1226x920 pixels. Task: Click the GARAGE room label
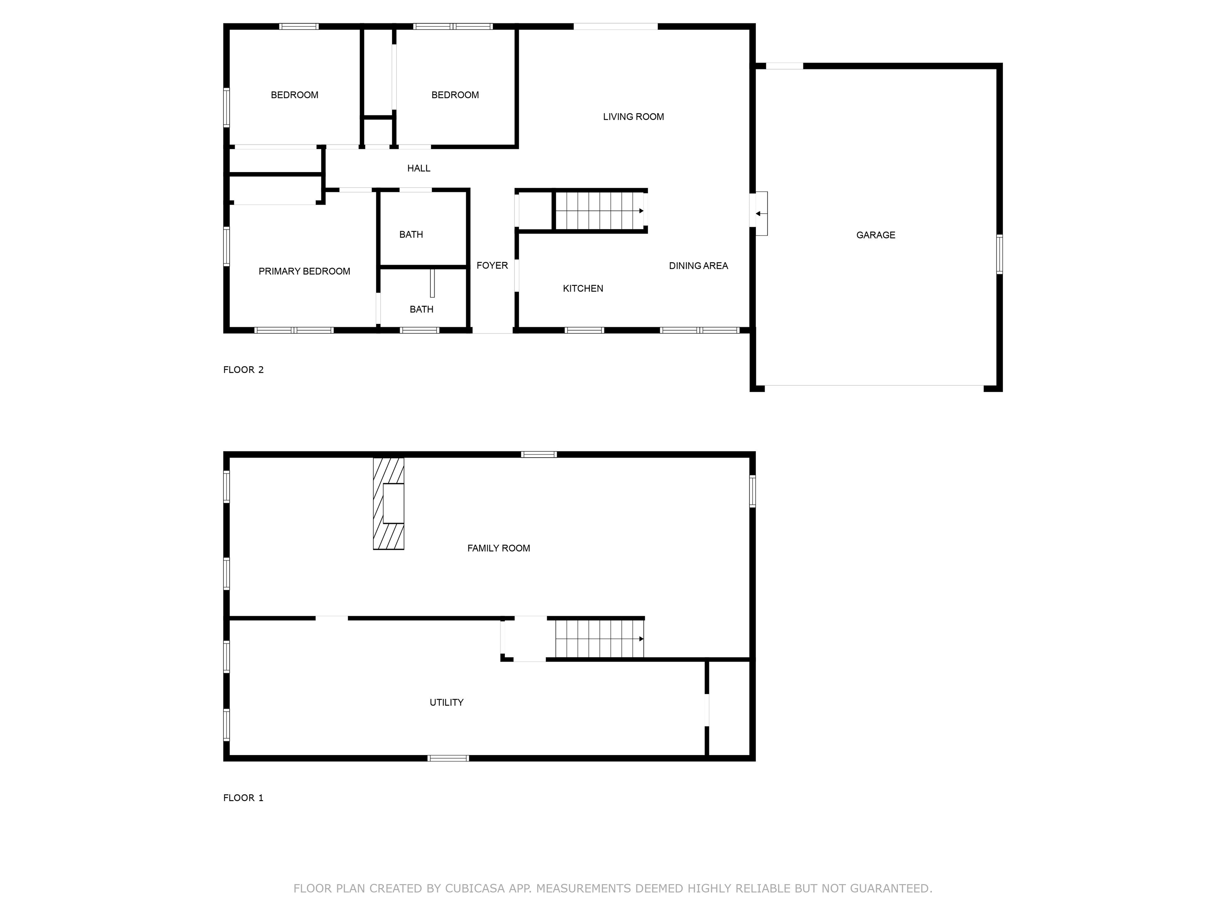click(x=875, y=235)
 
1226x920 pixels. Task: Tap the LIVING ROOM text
click(x=633, y=117)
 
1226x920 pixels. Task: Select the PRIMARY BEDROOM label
click(x=304, y=271)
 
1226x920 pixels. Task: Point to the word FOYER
click(x=492, y=266)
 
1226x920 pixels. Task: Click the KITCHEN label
click(x=583, y=288)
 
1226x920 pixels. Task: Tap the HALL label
click(x=419, y=169)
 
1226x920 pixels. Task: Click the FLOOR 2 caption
click(x=243, y=370)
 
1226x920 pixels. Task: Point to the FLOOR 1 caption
click(x=243, y=798)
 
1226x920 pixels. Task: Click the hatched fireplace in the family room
click(x=388, y=503)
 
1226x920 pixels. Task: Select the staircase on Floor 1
click(x=599, y=639)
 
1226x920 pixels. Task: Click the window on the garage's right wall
click(x=999, y=254)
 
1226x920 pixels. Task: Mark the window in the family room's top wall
click(x=539, y=454)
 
